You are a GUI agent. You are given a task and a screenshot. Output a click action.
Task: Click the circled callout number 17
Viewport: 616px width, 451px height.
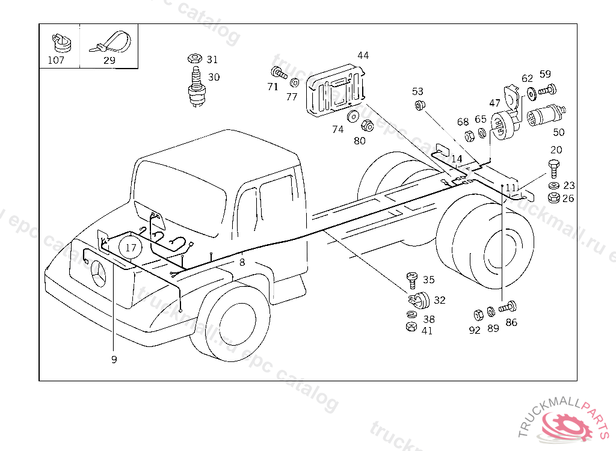tap(131, 247)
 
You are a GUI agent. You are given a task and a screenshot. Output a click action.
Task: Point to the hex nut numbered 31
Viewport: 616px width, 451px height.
tap(194, 59)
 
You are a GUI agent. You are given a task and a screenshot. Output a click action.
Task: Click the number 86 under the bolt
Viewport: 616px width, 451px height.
tap(511, 323)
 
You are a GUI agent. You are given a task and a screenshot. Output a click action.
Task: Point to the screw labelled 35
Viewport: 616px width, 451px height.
tap(412, 278)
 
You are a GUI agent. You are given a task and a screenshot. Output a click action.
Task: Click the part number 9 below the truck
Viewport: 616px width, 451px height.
tap(114, 360)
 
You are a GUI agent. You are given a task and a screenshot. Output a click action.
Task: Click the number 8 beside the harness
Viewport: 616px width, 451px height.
tap(242, 262)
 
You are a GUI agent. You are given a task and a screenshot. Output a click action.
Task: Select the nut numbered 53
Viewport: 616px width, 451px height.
tap(420, 106)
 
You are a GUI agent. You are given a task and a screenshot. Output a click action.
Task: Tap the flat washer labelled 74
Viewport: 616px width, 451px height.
tap(354, 116)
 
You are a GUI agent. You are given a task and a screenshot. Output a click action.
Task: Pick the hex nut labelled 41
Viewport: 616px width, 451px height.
tap(411, 327)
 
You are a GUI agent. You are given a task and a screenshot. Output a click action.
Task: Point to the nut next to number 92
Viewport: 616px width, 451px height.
tap(478, 314)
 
